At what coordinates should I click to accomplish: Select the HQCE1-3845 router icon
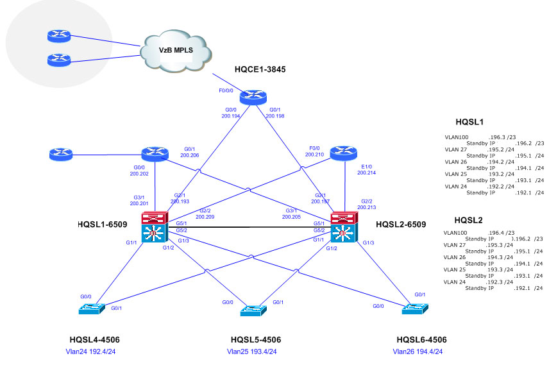252,98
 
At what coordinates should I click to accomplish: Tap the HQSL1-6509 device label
105,225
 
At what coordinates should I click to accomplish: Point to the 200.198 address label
274,117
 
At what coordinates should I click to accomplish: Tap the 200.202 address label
139,174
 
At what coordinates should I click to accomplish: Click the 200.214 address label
366,173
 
